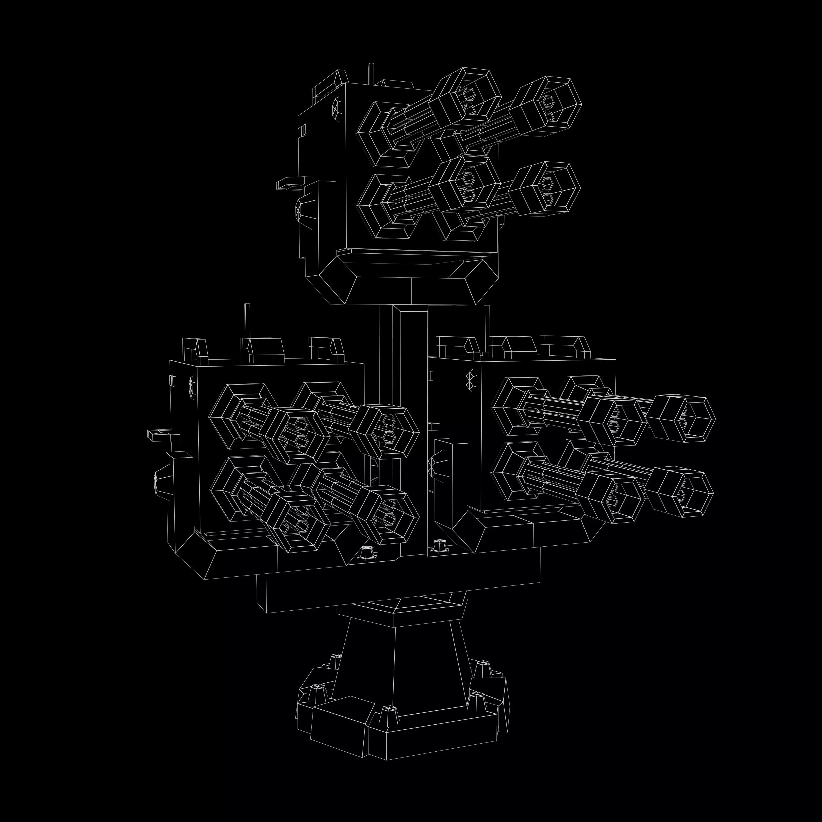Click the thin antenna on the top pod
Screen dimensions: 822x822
pos(371,73)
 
